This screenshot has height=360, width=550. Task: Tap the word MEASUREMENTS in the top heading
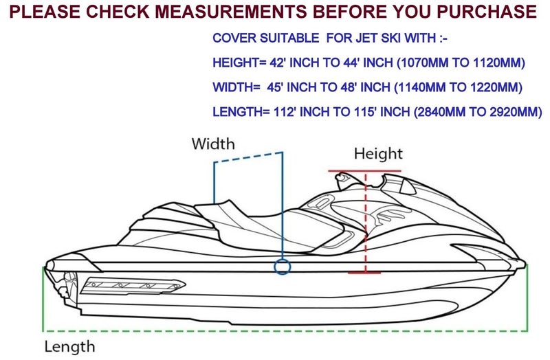click(x=231, y=11)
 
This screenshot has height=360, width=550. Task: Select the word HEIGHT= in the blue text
click(x=239, y=63)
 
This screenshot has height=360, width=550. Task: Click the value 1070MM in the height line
click(x=423, y=63)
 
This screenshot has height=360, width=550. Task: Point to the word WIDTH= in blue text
click(x=236, y=87)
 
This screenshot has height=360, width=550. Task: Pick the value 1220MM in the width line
click(x=496, y=87)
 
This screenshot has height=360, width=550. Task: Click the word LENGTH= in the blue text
click(x=241, y=112)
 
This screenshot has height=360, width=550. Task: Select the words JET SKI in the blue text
click(x=377, y=38)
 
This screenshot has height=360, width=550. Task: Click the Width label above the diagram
click(x=213, y=144)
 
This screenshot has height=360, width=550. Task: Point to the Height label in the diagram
click(x=378, y=153)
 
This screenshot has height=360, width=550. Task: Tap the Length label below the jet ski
click(x=70, y=346)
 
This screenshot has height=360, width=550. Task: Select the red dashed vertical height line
click(x=366, y=221)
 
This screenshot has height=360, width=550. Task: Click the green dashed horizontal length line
click(x=285, y=330)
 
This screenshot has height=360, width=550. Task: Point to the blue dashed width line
click(x=248, y=157)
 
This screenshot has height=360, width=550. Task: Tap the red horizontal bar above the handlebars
click(x=364, y=171)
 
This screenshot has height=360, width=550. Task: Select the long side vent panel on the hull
click(x=133, y=286)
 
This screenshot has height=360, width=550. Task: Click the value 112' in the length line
click(x=285, y=112)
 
